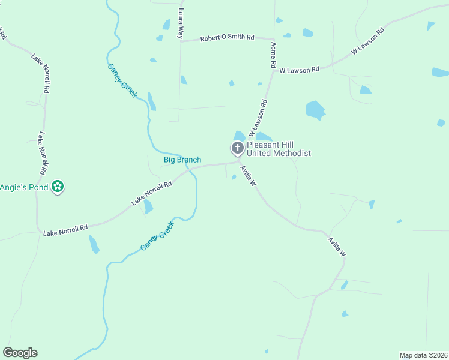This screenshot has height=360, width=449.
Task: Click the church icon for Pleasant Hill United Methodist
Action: [238, 148]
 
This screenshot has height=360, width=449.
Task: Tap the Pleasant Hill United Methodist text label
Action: [279, 149]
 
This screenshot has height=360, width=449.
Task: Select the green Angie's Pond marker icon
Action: [58, 187]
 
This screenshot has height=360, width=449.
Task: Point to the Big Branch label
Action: [182, 160]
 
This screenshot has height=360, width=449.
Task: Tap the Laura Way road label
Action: [180, 23]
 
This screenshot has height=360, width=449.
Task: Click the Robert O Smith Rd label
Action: [227, 38]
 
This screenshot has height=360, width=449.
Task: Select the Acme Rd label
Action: [273, 54]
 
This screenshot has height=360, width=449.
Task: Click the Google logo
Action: [20, 353]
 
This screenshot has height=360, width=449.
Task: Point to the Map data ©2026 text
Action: [423, 355]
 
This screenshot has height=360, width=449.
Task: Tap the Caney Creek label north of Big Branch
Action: [122, 80]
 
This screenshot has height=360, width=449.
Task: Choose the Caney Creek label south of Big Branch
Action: [157, 236]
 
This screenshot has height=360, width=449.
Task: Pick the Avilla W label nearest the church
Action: [248, 176]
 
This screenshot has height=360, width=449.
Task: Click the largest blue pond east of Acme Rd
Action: [315, 110]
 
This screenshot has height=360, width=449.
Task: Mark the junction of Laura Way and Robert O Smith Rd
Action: [181, 41]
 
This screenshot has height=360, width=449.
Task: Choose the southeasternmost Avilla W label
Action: [336, 247]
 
